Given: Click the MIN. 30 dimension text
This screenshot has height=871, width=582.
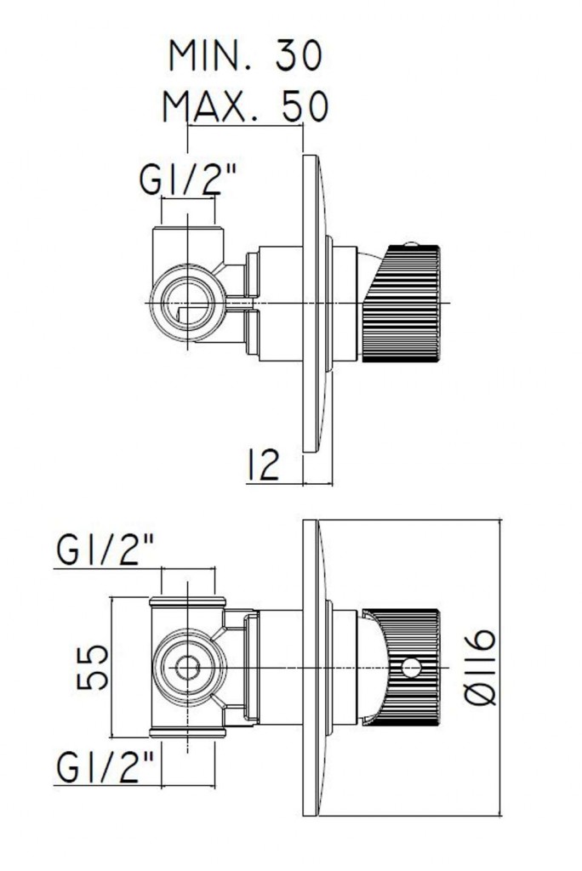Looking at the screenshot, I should click(x=245, y=56).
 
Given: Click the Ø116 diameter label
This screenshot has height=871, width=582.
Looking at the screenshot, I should click(x=480, y=668).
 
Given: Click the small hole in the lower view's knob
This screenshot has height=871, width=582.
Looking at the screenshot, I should click(x=412, y=669).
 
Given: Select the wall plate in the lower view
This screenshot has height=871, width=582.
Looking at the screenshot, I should click(x=311, y=668).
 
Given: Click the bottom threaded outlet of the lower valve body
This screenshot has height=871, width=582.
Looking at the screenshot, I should click(x=187, y=731).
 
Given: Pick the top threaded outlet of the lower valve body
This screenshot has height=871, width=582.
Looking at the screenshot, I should click(x=187, y=605).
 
